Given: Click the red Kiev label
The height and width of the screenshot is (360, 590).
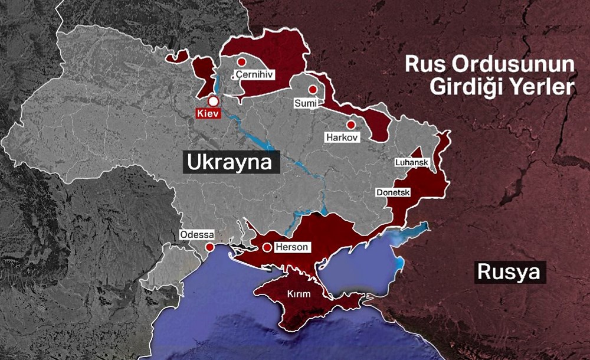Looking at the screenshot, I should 208,113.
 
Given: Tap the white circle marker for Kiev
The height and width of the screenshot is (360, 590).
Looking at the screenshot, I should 214,101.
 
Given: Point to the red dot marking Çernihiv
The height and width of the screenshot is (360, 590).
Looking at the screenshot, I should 241,62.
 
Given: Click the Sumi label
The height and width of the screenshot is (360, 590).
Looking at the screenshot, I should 305,103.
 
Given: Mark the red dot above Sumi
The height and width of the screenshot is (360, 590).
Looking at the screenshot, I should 313,90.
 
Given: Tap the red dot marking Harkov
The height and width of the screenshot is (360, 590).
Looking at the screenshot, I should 351,125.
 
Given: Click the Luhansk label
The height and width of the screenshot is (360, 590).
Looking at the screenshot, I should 412,162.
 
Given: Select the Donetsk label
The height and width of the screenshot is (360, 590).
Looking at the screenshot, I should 393,192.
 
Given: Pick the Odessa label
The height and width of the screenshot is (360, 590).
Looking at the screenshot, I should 197,234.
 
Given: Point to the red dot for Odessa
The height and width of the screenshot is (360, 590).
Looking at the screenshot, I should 209,247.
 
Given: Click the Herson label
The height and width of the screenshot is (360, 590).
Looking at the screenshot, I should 291,247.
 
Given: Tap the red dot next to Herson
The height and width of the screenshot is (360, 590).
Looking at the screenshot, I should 267,247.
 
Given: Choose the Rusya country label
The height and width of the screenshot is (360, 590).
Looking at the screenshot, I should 508,273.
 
